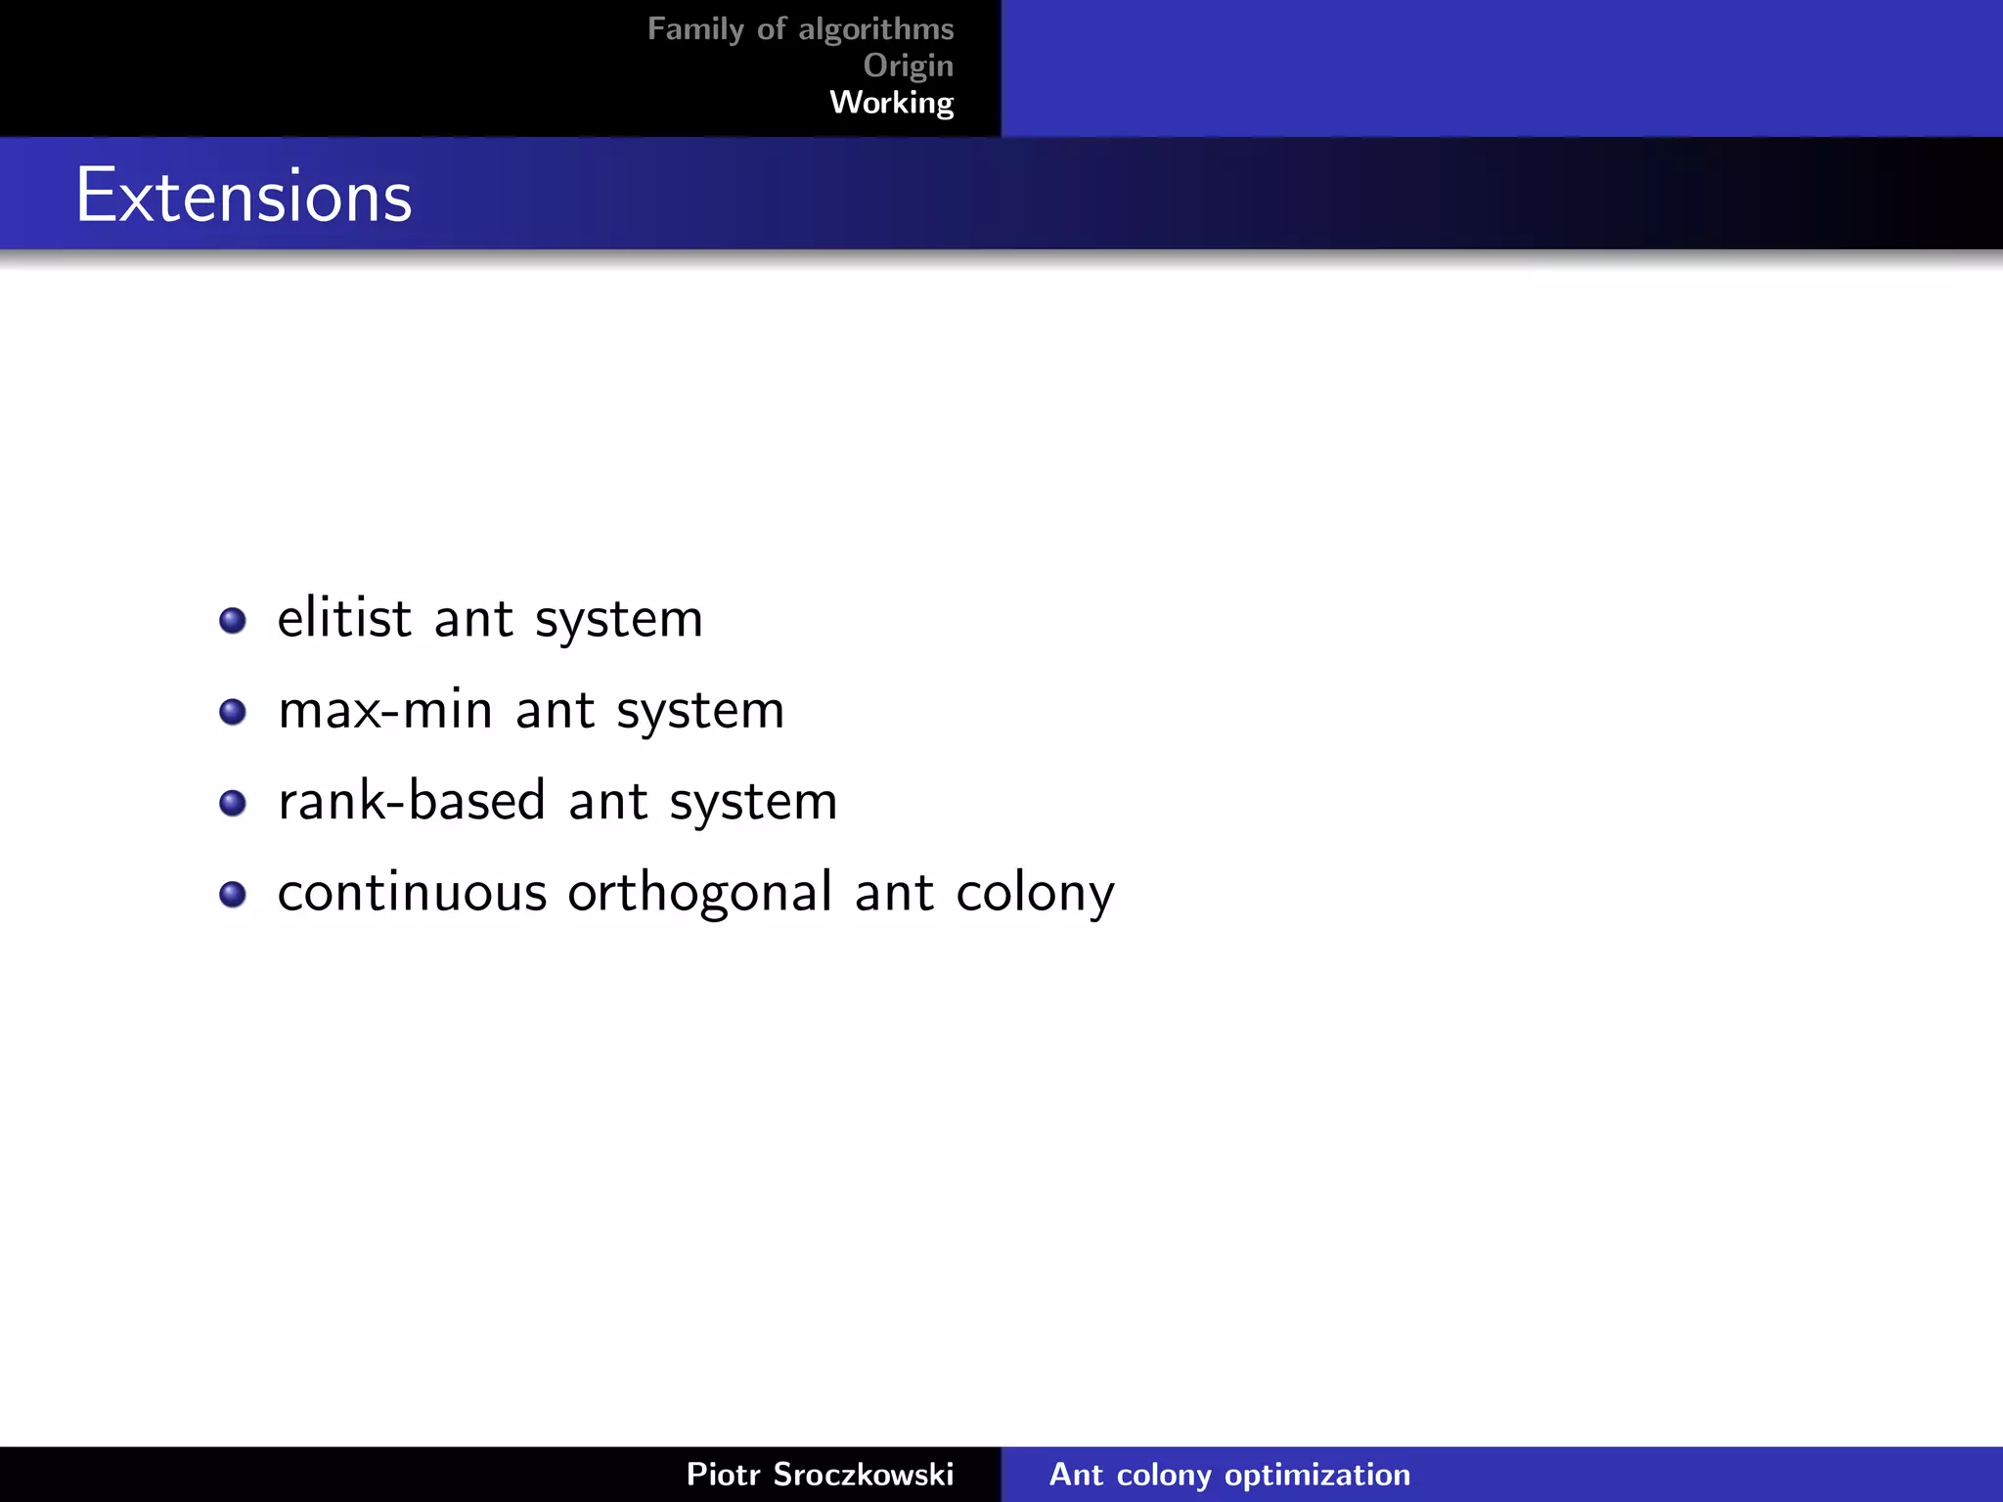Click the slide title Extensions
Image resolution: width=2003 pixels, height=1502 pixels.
pyautogui.click(x=244, y=196)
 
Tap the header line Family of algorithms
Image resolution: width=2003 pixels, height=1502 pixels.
pyautogui.click(x=800, y=29)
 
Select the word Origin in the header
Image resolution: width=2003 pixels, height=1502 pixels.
pyautogui.click(x=908, y=66)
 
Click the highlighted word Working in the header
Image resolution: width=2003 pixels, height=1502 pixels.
pyautogui.click(x=891, y=103)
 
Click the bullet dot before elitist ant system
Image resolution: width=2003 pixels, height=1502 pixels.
pyautogui.click(x=233, y=621)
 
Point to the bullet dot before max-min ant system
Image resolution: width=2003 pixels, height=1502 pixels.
pyautogui.click(x=233, y=712)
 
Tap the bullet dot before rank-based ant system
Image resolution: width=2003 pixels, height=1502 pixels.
pyautogui.click(x=233, y=804)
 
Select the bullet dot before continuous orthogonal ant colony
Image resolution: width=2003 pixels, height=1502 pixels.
pyautogui.click(x=233, y=895)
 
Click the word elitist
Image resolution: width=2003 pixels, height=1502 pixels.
pyautogui.click(x=344, y=619)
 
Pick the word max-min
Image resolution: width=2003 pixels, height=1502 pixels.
pyautogui.click(x=384, y=711)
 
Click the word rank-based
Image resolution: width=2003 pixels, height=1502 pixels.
pyautogui.click(x=411, y=801)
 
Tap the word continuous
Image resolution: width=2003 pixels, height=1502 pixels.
pyautogui.click(x=412, y=893)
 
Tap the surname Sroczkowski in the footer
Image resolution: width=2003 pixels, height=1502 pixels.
pyautogui.click(x=863, y=1474)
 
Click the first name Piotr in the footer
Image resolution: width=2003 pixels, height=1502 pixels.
pyautogui.click(x=723, y=1474)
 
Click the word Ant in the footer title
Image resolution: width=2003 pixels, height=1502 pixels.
pyautogui.click(x=1076, y=1474)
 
